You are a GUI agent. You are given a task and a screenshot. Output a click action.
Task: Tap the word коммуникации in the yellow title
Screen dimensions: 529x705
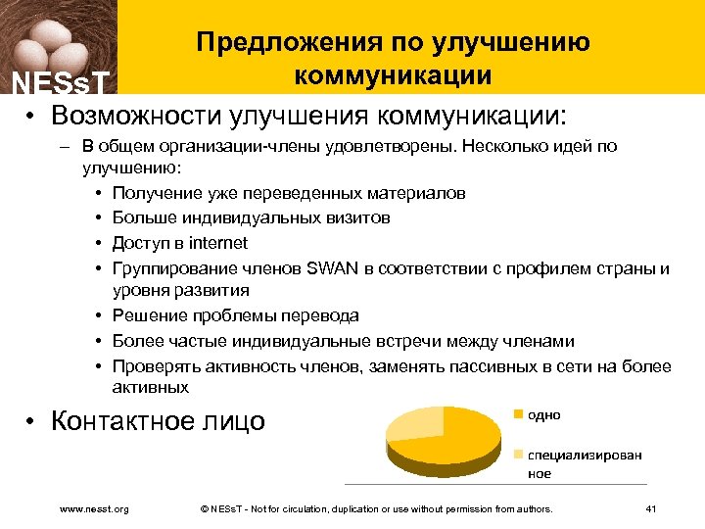[393, 75]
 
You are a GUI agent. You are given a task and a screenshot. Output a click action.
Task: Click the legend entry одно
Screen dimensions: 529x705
[543, 414]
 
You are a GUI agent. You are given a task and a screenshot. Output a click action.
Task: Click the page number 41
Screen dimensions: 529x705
[652, 509]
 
